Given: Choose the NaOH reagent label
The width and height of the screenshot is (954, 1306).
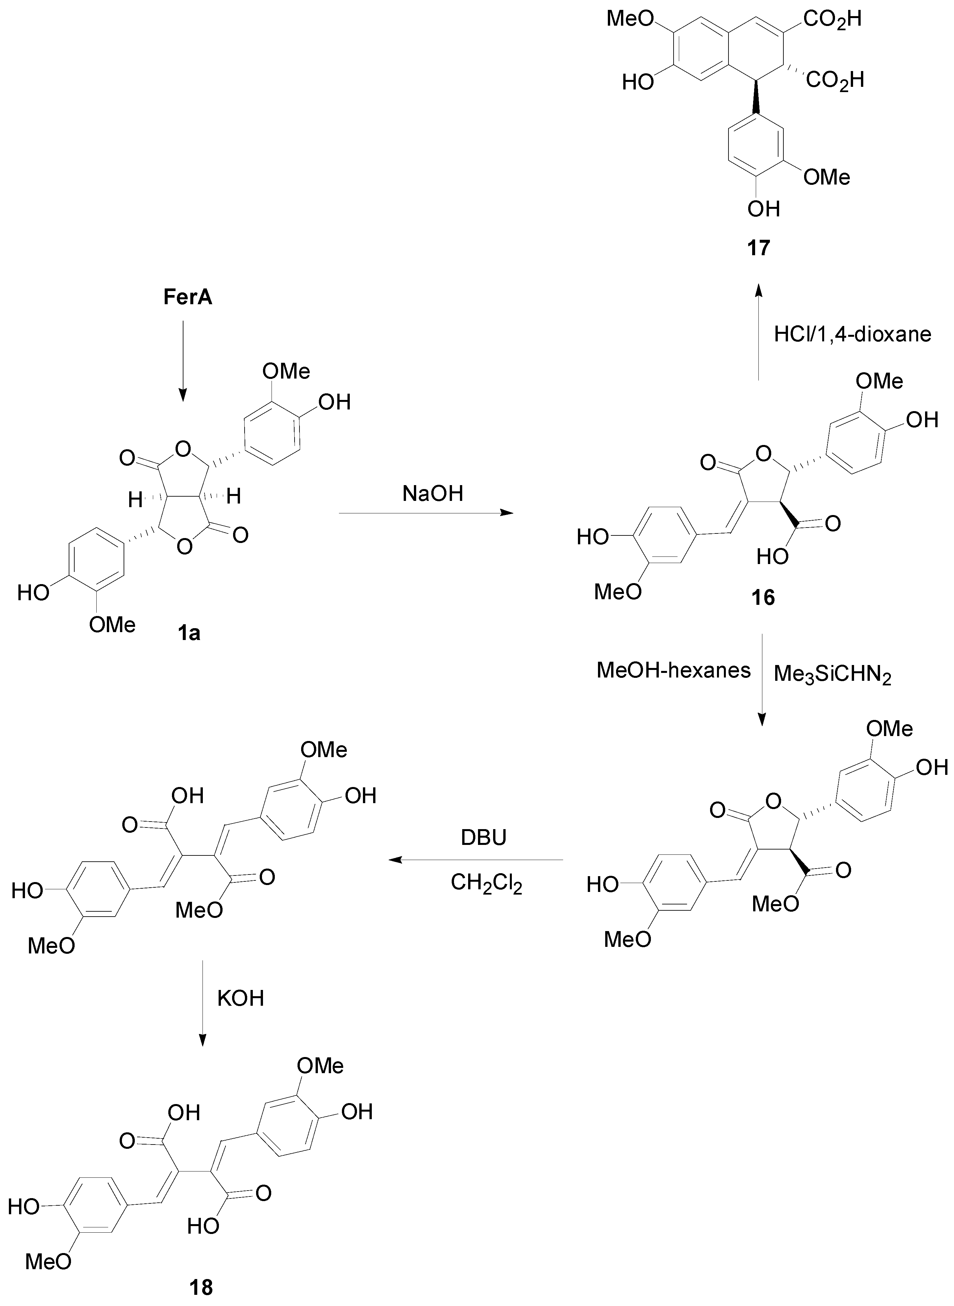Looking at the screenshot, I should tap(433, 494).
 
